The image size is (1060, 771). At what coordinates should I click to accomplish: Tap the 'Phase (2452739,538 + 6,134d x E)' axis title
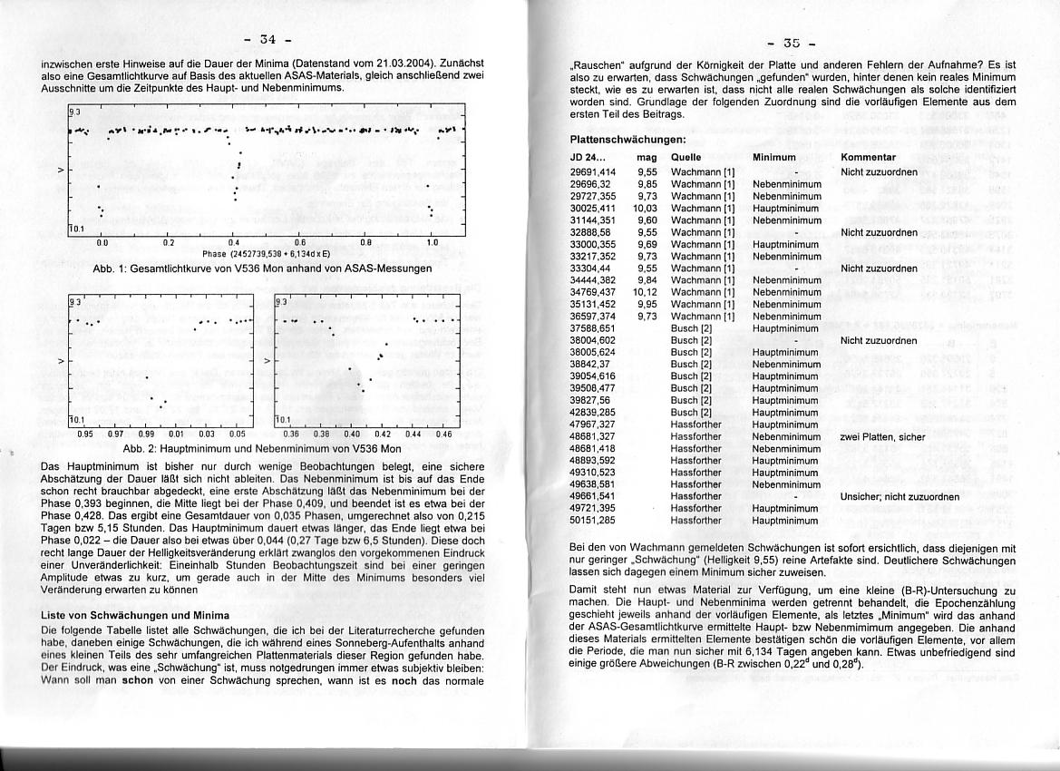(x=266, y=253)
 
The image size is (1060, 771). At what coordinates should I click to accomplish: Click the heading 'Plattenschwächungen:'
(x=614, y=140)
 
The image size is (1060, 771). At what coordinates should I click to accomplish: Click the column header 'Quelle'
(x=686, y=157)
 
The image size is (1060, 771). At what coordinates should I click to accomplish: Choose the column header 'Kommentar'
(x=868, y=157)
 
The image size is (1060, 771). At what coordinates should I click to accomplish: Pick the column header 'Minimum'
(x=773, y=157)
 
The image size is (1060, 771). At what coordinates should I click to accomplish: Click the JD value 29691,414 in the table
(x=593, y=171)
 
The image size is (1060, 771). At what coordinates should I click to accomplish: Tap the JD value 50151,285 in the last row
(x=593, y=521)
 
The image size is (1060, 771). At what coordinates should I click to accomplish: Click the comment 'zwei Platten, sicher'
(x=882, y=437)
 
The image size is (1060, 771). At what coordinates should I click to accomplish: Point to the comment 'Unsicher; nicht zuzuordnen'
(x=900, y=497)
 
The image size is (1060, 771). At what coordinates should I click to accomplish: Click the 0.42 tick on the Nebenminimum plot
(x=382, y=434)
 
